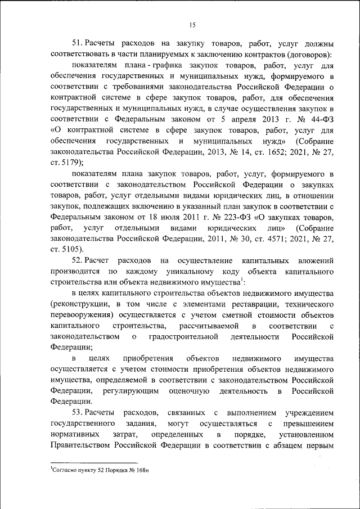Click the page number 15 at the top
(191, 24)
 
